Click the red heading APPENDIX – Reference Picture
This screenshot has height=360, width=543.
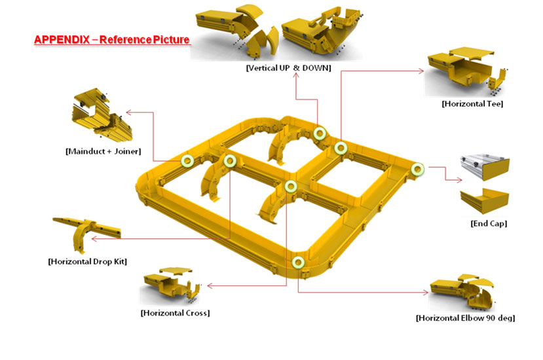[x=112, y=40]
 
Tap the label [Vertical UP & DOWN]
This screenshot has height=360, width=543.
[x=288, y=68]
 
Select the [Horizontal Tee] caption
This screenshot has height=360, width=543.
[x=472, y=103]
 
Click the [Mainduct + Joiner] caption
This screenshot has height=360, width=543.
[x=103, y=151]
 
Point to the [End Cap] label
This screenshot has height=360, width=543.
[x=489, y=223]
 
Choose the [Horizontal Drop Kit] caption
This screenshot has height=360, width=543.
[x=88, y=261]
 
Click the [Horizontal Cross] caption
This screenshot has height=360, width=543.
[x=176, y=313]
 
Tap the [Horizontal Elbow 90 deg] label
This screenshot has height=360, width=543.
[x=466, y=317]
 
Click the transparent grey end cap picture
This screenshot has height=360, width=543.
[x=485, y=167]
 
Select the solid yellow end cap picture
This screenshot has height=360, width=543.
[x=485, y=201]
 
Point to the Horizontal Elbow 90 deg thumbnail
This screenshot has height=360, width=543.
[x=462, y=291]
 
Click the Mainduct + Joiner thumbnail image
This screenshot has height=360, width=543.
[x=102, y=115]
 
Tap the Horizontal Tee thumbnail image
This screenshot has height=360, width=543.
[x=466, y=71]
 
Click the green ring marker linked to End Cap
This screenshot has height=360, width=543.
[x=417, y=170]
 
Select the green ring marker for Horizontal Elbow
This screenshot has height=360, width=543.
[x=298, y=262]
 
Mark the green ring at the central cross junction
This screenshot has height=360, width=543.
[x=291, y=187]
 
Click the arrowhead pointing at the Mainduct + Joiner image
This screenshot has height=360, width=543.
[x=128, y=112]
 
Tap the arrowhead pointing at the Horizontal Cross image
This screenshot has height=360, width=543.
[x=210, y=285]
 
